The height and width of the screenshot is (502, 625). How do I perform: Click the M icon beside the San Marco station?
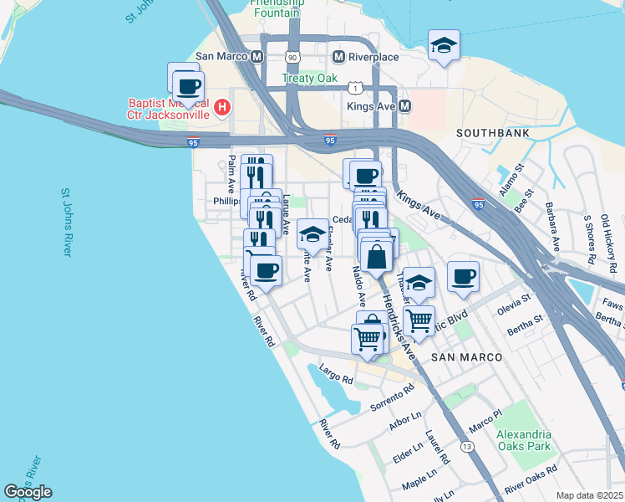coord(257,56)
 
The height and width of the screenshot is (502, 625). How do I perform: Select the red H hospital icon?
coord(222,106)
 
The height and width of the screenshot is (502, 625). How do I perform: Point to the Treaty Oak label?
coord(309,79)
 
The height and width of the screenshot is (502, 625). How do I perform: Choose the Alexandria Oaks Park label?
coord(524,440)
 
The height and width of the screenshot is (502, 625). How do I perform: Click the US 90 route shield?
coord(291,57)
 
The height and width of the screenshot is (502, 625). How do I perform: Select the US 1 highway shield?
coord(357,88)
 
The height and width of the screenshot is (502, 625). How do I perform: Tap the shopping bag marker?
coord(377,255)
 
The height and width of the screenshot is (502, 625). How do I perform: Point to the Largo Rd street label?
coord(337,375)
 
